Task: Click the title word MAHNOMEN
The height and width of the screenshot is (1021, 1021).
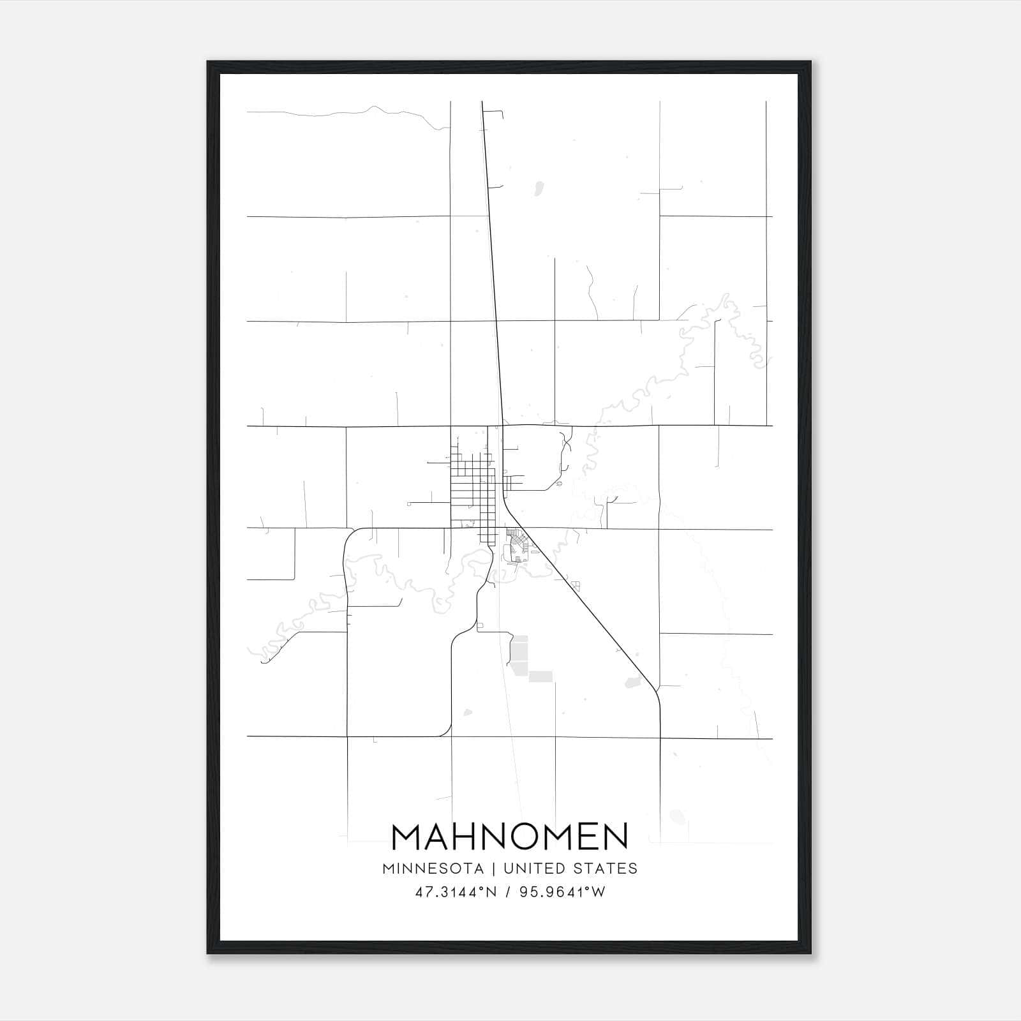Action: click(510, 837)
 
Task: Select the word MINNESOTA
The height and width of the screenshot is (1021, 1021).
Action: click(433, 868)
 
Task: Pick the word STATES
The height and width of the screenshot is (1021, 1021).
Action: click(606, 868)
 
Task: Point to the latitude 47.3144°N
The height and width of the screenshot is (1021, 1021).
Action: click(456, 893)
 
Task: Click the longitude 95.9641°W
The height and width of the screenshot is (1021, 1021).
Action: click(562, 893)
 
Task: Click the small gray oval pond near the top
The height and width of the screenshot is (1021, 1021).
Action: click(538, 189)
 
